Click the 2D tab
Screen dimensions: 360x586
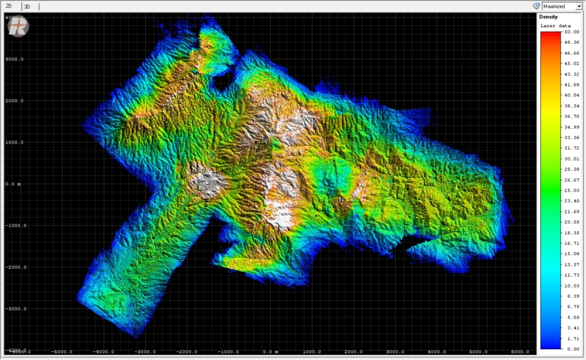9,6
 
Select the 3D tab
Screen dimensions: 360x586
27,7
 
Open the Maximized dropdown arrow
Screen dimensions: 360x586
579,7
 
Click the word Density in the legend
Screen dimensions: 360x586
548,17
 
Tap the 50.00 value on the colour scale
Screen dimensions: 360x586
571,32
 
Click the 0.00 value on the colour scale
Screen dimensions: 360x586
572,349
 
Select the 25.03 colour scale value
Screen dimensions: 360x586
571,190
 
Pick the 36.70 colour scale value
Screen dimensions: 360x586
571,117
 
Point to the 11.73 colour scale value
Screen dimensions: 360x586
571,275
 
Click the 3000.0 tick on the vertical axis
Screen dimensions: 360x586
14,59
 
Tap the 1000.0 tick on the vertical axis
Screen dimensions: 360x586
14,143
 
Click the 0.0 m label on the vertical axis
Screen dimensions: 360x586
13,184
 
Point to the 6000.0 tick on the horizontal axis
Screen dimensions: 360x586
520,352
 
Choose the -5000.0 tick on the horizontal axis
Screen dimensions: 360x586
62,352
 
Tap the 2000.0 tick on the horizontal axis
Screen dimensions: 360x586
353,352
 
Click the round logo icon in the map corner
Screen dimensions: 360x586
18,26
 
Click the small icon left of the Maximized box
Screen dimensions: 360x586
536,6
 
